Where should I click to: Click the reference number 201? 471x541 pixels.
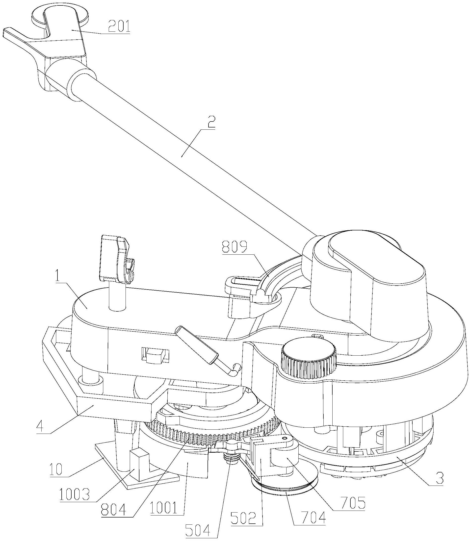pyautogui.click(x=116, y=26)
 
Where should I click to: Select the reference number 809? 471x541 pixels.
pyautogui.click(x=235, y=247)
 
